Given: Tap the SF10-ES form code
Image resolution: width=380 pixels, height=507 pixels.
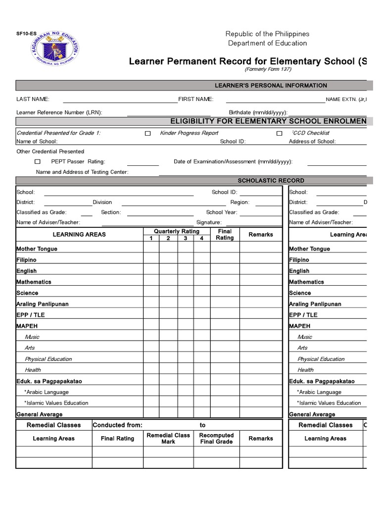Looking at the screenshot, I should point(26,34).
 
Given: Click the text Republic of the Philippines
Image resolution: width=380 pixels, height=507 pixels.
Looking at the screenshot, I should point(267,34).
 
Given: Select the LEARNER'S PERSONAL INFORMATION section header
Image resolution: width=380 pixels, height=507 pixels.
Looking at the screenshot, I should point(271,86).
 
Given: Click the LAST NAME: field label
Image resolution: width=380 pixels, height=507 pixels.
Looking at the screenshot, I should point(33,100).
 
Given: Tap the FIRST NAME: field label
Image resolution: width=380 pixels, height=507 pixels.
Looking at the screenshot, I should point(196,100).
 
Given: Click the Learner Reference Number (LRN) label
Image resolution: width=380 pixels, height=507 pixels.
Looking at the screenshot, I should point(59,112).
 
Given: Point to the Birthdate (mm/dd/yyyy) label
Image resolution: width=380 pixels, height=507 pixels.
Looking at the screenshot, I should point(258,113).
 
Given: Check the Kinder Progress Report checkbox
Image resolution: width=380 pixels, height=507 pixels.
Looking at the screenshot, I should point(147,134).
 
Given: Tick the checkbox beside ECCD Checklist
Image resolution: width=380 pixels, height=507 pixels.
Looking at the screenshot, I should point(280,134).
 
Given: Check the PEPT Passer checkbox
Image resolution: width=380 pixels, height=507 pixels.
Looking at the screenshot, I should point(38,162).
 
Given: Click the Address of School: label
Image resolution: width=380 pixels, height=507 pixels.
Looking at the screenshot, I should point(312,142).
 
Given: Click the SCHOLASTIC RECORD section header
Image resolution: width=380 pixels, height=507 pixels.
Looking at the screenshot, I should point(271,181).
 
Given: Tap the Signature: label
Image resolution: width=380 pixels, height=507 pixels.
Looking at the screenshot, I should point(209,223).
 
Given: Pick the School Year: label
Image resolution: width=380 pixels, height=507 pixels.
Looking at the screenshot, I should point(222,212).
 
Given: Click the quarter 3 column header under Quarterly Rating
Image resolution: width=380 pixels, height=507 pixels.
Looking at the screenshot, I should point(186,239).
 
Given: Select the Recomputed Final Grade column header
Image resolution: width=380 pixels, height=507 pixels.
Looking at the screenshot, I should point(216,439).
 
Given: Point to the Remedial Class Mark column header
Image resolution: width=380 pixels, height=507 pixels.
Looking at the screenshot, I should point(168,439).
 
